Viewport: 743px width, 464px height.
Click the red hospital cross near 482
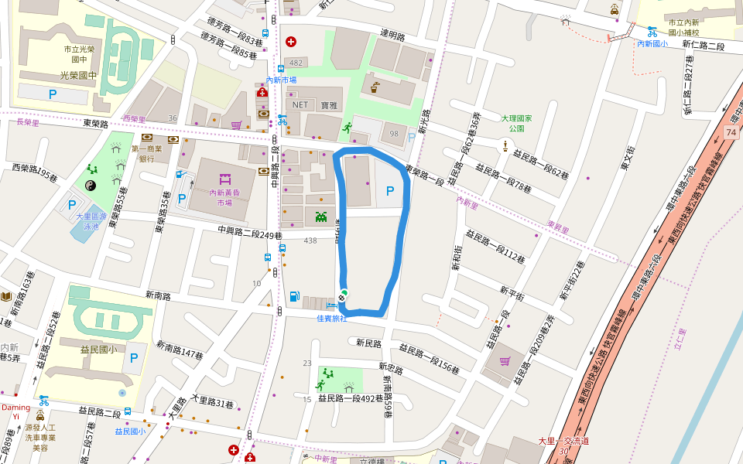291,41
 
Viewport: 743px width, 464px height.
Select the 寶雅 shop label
330,104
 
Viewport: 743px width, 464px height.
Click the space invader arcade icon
320,216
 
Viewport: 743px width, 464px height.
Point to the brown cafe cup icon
374,87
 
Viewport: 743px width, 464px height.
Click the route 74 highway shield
731,133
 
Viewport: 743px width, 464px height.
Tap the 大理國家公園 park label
518,123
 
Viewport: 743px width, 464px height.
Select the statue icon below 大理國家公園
505,145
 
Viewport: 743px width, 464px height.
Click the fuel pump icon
294,295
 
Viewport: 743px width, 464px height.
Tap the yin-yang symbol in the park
91,185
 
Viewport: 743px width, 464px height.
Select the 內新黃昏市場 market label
224,197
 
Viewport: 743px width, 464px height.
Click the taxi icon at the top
614,10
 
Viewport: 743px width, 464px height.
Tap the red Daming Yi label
15,411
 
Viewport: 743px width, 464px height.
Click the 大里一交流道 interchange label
563,441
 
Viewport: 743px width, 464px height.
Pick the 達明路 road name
392,35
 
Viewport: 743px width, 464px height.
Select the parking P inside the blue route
390,190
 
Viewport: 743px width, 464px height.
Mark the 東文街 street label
627,159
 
